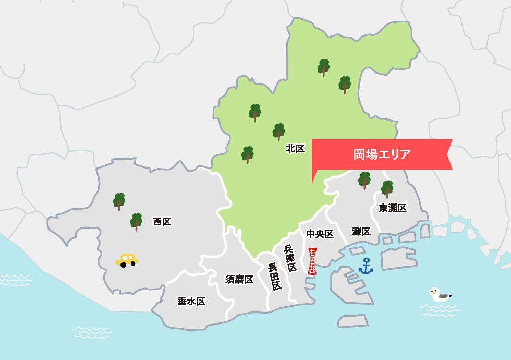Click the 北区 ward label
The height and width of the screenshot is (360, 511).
[295, 149]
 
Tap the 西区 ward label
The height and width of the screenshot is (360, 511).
[162, 222]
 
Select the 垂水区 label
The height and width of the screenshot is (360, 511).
[191, 301]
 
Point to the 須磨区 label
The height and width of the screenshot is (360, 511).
[239, 280]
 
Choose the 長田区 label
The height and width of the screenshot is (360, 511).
[274, 277]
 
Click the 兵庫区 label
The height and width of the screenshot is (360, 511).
[290, 258]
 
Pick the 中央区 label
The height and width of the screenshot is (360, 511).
[320, 234]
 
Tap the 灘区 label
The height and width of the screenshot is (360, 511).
[361, 231]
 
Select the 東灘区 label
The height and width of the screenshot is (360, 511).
[393, 208]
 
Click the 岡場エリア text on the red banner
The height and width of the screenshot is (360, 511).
[382, 154]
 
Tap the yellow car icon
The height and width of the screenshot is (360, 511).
[127, 260]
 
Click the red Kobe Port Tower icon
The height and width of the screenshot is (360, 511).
[312, 261]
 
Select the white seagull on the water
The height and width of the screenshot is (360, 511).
[439, 295]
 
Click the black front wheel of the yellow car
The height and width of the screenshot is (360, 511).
[123, 265]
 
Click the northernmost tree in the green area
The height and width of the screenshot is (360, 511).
[324, 67]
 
